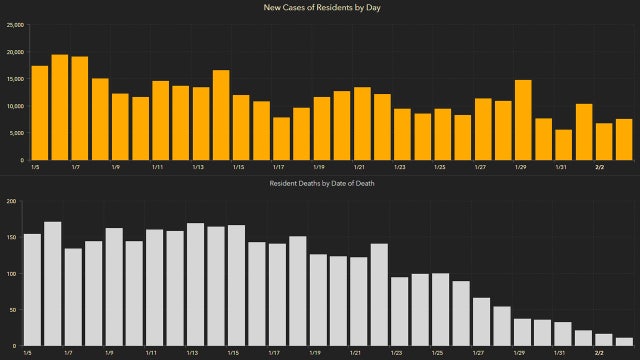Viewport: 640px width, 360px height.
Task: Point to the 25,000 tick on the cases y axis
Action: [14, 26]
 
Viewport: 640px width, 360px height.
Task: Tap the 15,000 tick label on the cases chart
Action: [14, 79]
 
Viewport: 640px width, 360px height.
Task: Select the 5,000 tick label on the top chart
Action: [16, 133]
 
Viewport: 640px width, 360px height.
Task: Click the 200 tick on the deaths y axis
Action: [11, 201]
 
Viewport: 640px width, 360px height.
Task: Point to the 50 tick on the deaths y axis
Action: [13, 309]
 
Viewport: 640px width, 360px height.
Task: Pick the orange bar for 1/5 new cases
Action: [39, 113]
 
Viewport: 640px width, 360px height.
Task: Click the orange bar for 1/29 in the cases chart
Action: [523, 120]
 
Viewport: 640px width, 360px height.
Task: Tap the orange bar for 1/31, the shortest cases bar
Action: [564, 145]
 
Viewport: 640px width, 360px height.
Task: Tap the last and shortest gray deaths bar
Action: [625, 341]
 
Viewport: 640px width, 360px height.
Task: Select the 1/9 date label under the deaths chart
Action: [114, 353]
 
